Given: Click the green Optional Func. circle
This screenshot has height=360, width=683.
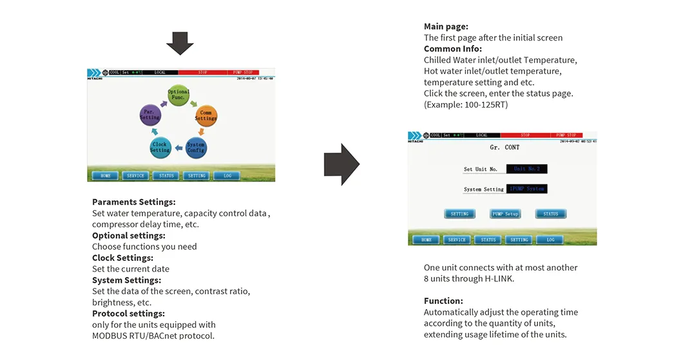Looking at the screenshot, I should [178, 95].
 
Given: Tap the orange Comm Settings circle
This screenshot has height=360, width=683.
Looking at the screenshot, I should [206, 116].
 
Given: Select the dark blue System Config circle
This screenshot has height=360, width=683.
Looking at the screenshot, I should [196, 147].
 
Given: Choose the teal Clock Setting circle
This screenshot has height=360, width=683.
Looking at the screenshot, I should [160, 147].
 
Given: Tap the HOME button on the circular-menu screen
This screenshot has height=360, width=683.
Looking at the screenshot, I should [105, 175].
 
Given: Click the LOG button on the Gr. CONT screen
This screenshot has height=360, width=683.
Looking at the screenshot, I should [550, 240].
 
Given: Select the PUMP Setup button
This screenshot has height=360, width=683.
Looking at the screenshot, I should [505, 214].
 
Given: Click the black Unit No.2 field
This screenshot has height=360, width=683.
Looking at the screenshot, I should [526, 169].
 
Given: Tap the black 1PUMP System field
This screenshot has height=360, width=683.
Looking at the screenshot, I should [526, 189].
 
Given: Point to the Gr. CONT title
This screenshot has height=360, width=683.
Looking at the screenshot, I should [505, 147].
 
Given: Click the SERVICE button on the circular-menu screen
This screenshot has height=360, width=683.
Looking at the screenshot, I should [135, 175].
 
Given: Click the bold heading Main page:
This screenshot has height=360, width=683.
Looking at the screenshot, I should [446, 26].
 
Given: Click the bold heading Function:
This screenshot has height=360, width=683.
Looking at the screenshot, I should [443, 301].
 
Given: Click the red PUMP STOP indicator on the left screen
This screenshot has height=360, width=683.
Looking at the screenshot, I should [243, 73].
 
